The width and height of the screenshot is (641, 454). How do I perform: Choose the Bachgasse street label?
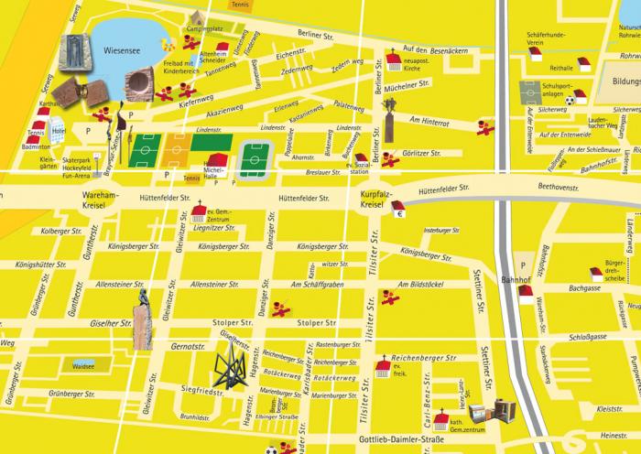coord(582,287)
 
